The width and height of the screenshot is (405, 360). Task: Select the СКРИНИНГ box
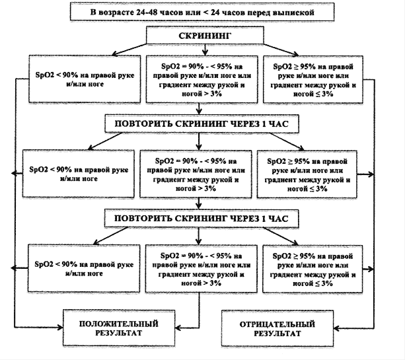coord(205,36)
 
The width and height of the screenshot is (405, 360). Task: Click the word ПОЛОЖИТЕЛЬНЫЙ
coord(118,324)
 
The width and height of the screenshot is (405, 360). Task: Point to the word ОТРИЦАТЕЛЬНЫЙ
coord(277,324)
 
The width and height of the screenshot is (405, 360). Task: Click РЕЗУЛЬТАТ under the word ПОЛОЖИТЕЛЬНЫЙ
coord(118,333)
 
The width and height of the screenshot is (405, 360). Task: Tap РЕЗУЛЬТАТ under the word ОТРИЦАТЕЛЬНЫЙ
coord(277,334)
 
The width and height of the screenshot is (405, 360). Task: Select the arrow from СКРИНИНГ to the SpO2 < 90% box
coord(129,50)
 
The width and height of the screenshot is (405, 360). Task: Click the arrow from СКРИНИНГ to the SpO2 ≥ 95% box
coord(281,50)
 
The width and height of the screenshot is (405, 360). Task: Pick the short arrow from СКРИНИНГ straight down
coord(205,50)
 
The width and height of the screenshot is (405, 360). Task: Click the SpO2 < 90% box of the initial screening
coord(85,79)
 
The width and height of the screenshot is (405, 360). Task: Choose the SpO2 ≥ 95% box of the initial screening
coord(313,79)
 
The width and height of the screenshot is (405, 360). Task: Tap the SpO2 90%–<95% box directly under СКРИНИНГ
coord(202,79)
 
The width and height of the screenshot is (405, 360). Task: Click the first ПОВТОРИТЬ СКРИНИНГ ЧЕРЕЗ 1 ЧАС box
coord(202,124)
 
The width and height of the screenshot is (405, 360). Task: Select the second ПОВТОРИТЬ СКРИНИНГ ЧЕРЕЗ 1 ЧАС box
coord(202,219)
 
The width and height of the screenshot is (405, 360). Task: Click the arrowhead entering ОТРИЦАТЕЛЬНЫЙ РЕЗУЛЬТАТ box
coord(336,328)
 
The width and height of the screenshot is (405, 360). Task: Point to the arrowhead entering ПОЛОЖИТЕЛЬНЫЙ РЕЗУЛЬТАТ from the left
coord(60,328)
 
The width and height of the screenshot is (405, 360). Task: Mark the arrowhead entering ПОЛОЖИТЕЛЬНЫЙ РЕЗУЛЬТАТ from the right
coord(178,328)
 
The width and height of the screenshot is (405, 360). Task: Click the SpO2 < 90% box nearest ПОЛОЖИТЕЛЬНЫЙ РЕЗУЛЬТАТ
coord(84,269)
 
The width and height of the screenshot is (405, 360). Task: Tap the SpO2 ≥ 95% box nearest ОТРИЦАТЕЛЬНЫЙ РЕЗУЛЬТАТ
coord(313,269)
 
